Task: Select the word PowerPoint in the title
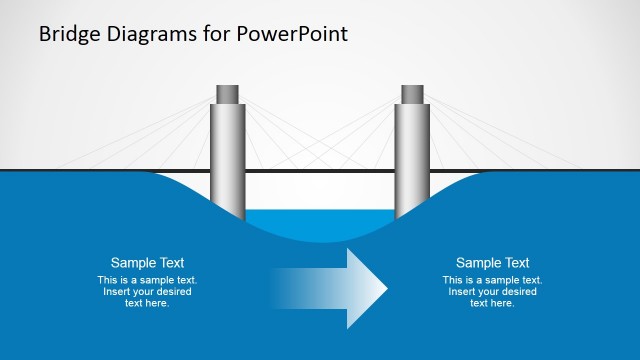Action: coord(292,33)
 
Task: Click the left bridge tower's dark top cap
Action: coord(228,94)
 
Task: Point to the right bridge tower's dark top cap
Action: coord(412,94)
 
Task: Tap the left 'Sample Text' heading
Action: coord(147,263)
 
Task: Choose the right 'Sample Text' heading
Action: coord(492,263)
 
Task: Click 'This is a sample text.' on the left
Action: coord(147,280)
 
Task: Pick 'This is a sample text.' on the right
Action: coord(492,280)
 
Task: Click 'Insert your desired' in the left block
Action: coord(147,292)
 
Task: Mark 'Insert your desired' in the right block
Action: coord(492,292)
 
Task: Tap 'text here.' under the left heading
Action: coord(147,303)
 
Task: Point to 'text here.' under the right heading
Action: coord(492,303)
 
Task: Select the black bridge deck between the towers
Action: coord(320,171)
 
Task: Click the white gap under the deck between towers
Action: coord(320,190)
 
